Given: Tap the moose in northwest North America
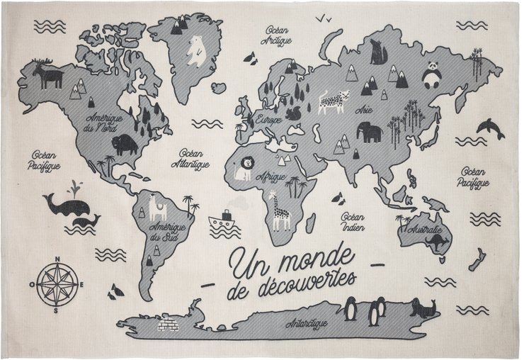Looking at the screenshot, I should click(50, 75).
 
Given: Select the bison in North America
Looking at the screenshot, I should click(125, 145).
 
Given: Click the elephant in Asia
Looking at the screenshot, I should click(370, 130).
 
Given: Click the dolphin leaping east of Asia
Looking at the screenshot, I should click(490, 128).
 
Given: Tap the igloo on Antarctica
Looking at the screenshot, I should click(169, 325).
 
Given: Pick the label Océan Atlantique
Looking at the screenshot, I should click(190, 159).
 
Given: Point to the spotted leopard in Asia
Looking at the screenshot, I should click(332, 101).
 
